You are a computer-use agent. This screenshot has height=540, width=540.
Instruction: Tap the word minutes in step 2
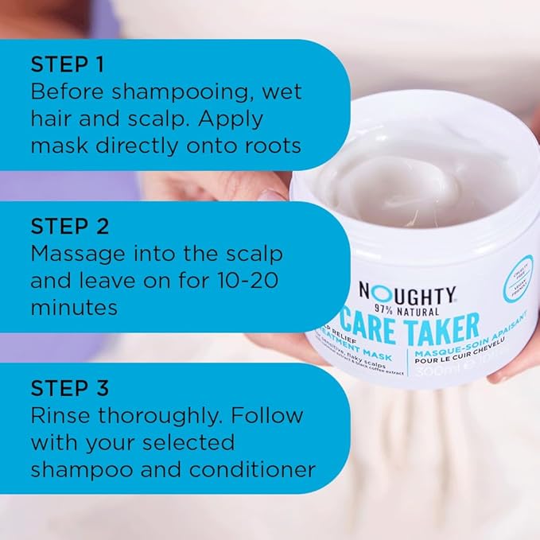pos(73,307)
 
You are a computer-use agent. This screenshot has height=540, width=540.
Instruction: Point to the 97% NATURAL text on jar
pos(407,309)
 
